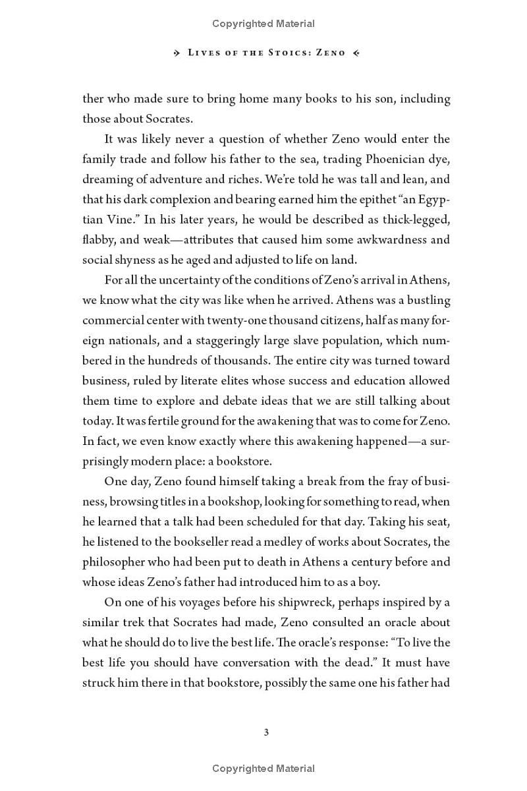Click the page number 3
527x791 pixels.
(x=266, y=732)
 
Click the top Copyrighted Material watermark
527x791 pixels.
(x=263, y=24)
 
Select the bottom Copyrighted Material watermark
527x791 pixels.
(x=263, y=769)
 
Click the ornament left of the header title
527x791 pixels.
(x=177, y=53)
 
